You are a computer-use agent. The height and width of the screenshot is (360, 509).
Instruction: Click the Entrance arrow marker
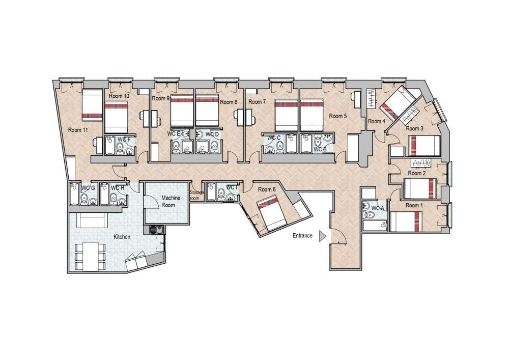coord(322,236)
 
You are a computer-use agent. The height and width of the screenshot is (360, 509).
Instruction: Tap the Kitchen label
coord(122,237)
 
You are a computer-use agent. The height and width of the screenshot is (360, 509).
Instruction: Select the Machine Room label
coord(171,201)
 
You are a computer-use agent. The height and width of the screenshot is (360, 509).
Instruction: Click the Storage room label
coord(196,195)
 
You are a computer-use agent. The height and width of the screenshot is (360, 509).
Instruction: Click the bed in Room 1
coord(406,221)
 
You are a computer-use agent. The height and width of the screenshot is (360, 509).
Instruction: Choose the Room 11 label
coord(78,130)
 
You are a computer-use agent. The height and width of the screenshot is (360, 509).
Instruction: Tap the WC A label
coord(378,208)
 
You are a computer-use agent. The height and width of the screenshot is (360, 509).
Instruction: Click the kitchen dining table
coord(91,257)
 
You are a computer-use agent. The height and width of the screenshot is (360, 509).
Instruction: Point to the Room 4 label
coord(377,121)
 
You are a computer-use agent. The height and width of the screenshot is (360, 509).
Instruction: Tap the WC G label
coord(88,188)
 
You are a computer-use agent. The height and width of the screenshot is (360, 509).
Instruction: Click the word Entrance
coord(302,236)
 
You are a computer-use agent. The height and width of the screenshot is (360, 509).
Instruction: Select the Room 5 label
coord(338,116)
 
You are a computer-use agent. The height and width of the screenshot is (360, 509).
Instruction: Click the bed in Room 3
coord(424,146)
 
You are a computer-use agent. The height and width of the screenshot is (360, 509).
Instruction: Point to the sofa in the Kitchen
coord(92,220)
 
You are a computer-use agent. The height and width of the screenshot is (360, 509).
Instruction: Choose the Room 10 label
coord(119,96)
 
